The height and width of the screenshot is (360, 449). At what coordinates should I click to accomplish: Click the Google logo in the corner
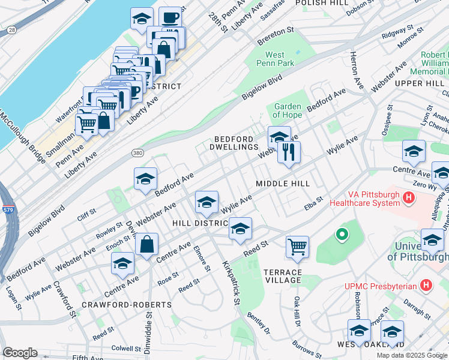[20, 353]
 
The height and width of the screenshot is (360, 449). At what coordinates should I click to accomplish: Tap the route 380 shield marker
[137, 153]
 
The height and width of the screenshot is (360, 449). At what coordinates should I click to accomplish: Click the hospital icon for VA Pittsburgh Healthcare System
[409, 197]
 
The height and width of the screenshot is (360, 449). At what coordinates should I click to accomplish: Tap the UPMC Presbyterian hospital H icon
[426, 284]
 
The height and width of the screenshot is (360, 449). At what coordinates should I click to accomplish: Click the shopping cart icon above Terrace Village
[297, 247]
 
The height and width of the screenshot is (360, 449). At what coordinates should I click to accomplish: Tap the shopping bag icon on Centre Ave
[146, 244]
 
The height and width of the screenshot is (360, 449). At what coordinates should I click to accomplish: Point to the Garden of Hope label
[287, 111]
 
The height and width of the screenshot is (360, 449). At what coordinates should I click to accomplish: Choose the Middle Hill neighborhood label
[282, 183]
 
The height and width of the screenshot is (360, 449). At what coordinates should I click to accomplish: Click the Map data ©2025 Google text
[411, 355]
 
